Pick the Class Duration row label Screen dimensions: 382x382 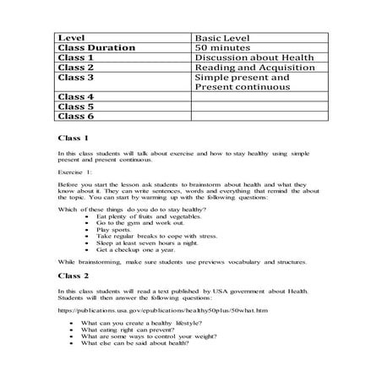pyautogui.click(x=95, y=48)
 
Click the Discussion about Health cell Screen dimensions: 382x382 pyautogui.click(x=253, y=58)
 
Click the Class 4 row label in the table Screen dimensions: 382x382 pyautogui.click(x=75, y=98)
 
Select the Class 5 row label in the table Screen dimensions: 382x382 pyautogui.click(x=75, y=107)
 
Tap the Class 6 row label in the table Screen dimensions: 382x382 pyautogui.click(x=75, y=117)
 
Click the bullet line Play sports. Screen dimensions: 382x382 pyautogui.click(x=115, y=229)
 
